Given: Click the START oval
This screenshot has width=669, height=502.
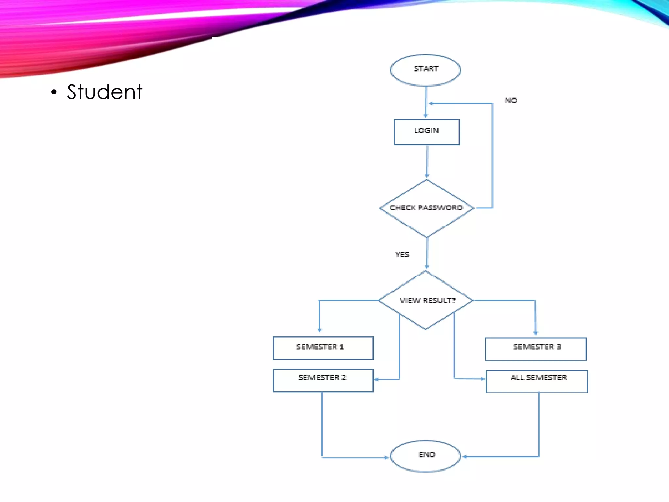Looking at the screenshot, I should (425, 70).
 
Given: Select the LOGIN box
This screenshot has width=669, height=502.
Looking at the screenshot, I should (426, 132).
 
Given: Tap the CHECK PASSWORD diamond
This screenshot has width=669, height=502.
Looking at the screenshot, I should (426, 208).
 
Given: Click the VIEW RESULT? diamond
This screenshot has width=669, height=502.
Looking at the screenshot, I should (426, 300).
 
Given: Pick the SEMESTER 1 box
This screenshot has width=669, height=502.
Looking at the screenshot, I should (323, 348).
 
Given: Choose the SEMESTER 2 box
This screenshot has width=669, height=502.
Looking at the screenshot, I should (323, 380).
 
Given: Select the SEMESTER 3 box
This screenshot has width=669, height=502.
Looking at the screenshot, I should (535, 349).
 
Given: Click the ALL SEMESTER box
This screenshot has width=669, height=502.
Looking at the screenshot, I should (536, 381).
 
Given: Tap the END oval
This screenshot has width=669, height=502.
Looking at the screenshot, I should (425, 456).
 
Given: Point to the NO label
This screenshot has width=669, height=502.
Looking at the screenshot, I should (511, 100).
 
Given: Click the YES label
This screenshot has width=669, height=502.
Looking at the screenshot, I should (402, 254).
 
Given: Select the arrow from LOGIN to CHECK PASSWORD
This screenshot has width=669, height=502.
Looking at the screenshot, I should (427, 162).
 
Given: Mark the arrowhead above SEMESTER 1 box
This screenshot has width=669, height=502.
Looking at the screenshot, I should (319, 330).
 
